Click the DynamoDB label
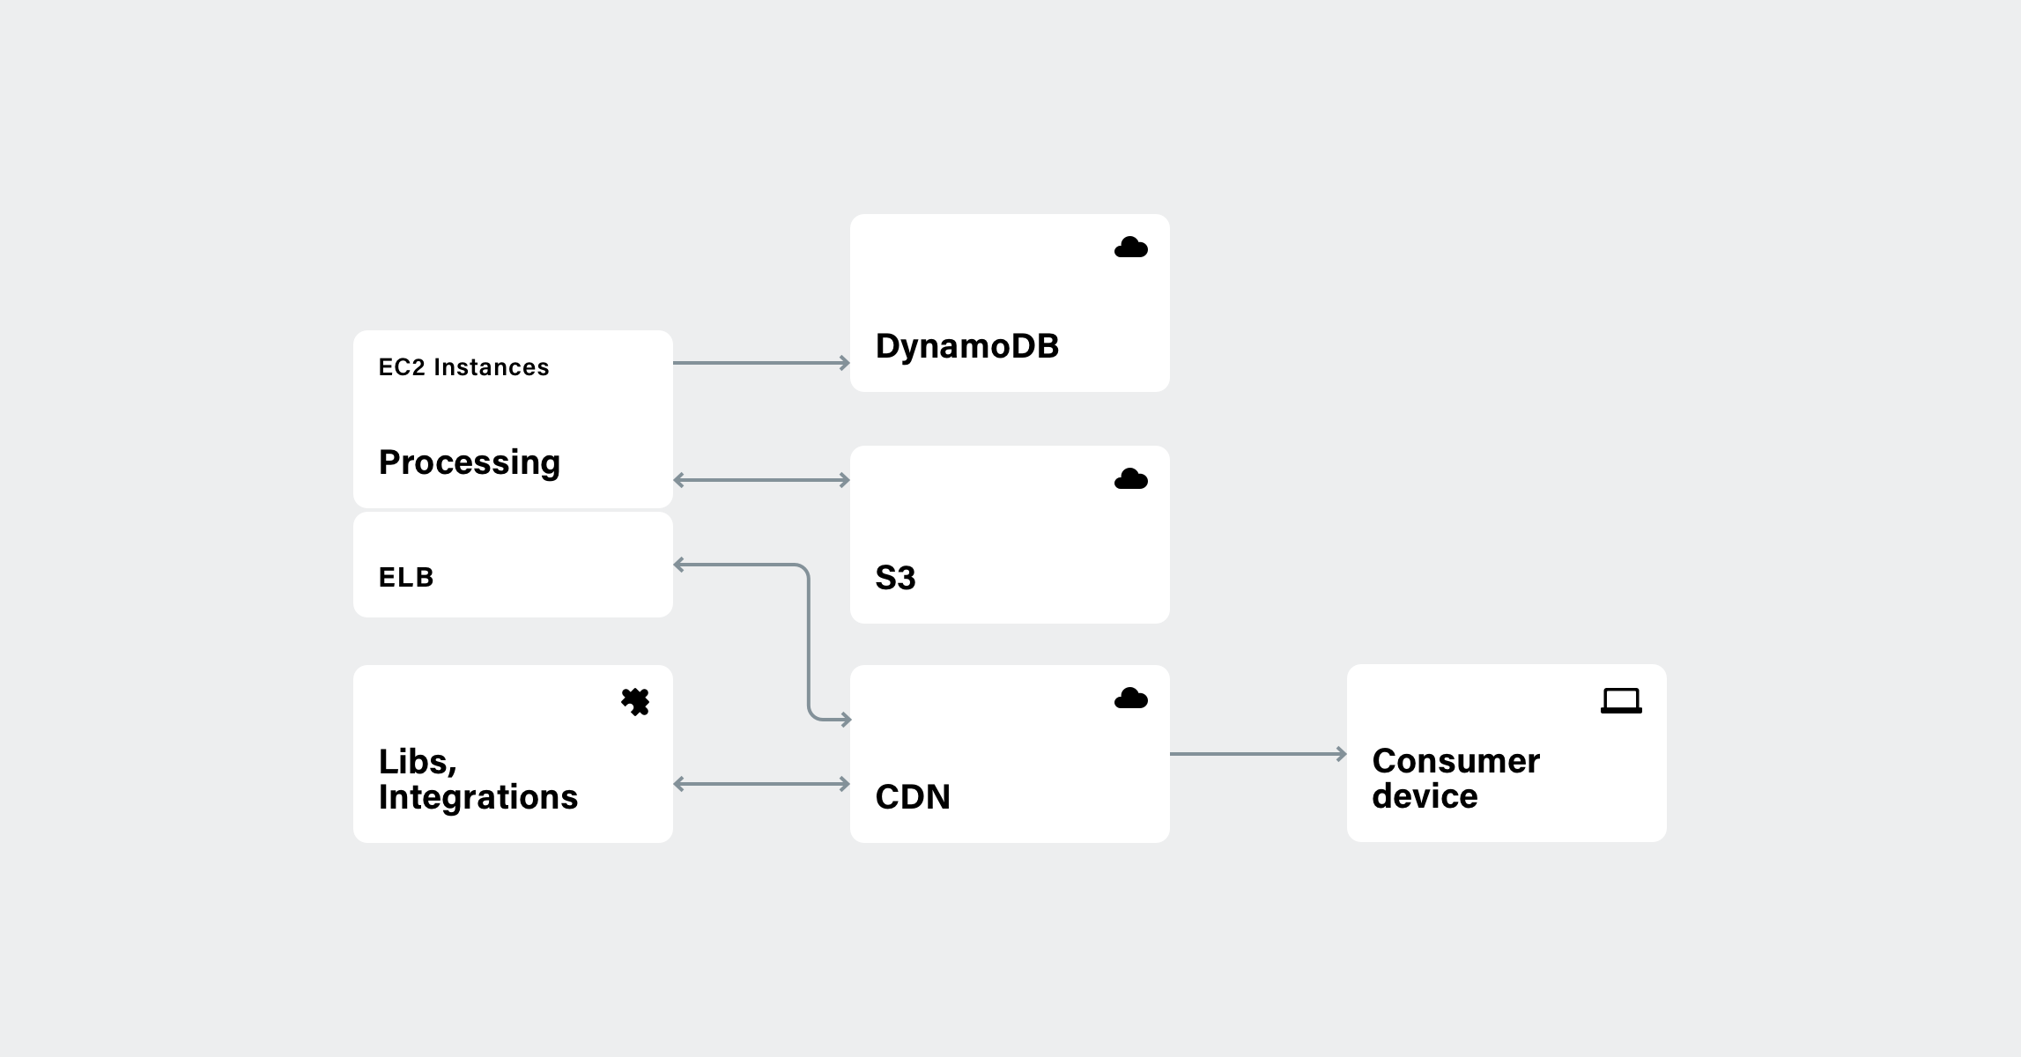coord(966,346)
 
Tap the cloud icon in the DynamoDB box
coord(1130,248)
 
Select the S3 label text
coord(895,578)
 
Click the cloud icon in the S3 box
coord(1130,479)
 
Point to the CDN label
coord(912,797)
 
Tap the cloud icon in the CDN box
coord(1130,699)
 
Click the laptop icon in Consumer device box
coord(1621,701)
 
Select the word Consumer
coord(1455,761)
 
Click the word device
coord(1425,796)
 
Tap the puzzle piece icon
coord(635,702)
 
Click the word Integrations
coord(477,797)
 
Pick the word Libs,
coord(418,762)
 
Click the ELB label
coord(406,578)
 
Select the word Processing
coord(469,462)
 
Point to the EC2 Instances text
coord(463,367)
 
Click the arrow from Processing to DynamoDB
coord(761,363)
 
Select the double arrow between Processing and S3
coord(761,480)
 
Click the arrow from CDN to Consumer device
coord(1257,754)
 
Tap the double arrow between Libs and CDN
coord(761,784)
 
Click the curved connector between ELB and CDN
coord(808,643)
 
